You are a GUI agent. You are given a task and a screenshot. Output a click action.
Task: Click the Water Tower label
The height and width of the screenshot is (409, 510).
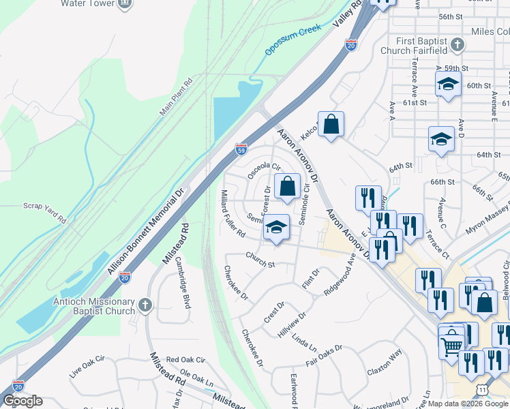pyautogui.click(x=86, y=3)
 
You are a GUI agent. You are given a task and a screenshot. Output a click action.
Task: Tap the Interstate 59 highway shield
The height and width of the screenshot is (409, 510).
pyautogui.click(x=241, y=149)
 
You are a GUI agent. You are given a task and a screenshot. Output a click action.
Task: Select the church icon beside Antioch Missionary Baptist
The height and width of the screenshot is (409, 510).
pyautogui.click(x=144, y=304)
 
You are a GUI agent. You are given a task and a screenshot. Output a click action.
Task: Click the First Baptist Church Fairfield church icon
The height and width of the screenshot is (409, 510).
pyautogui.click(x=457, y=44)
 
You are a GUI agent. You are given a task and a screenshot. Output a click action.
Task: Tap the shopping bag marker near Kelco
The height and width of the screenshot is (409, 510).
pyautogui.click(x=331, y=124)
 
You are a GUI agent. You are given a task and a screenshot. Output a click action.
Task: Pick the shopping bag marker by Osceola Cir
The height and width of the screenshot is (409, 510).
pyautogui.click(x=287, y=185)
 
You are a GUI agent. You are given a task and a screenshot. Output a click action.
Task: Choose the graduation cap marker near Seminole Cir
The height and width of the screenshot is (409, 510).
pyautogui.click(x=276, y=227)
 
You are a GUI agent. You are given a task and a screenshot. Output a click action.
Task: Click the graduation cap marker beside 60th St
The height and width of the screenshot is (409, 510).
pyautogui.click(x=448, y=84)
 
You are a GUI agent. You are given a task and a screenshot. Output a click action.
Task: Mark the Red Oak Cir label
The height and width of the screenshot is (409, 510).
pyautogui.click(x=185, y=359)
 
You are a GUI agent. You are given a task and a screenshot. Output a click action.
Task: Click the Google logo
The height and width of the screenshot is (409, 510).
pyautogui.click(x=22, y=402)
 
